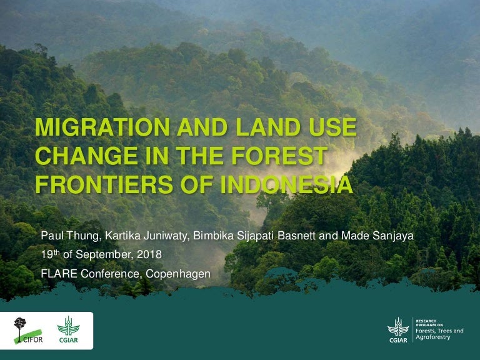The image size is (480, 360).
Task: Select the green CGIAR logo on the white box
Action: point(69,329)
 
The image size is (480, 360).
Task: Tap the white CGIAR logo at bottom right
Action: point(397,329)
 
